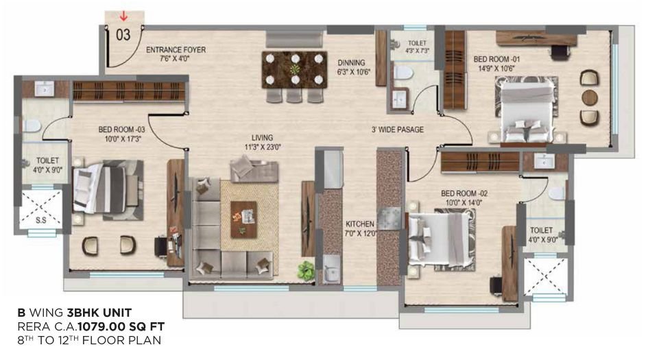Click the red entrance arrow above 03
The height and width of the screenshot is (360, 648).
point(124,15)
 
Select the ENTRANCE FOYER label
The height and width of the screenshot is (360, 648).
point(176,50)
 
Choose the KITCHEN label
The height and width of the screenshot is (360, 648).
point(360,224)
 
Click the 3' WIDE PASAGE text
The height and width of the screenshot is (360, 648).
point(397,129)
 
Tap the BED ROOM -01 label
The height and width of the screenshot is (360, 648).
point(497,60)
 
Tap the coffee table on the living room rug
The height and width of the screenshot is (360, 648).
point(243,219)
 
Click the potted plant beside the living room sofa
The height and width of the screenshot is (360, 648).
point(306,269)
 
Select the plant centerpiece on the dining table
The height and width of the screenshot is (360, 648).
point(295,69)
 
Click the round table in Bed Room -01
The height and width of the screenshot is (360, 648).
point(589,97)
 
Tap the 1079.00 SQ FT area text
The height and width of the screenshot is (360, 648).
point(126,326)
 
